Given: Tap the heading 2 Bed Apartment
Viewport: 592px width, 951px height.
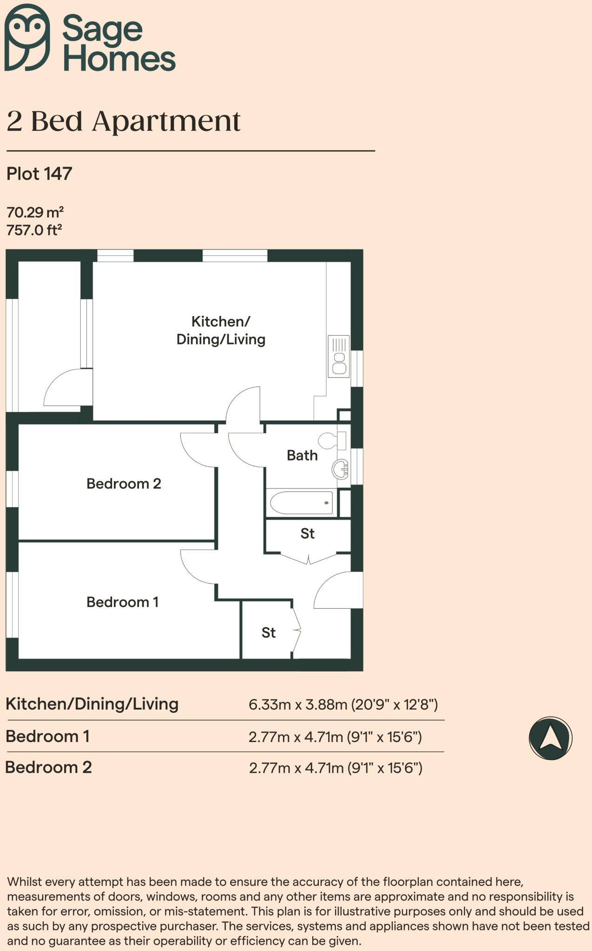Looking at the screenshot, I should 124,122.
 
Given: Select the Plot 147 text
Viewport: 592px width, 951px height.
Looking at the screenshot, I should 39,174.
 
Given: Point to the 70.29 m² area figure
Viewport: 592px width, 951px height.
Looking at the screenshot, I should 35,212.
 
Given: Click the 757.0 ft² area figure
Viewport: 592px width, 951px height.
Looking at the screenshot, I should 34,230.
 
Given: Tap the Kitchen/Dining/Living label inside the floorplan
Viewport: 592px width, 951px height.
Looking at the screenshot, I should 221,330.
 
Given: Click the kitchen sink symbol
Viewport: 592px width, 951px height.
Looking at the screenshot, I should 339,356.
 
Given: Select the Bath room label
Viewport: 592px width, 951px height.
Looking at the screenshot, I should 302,456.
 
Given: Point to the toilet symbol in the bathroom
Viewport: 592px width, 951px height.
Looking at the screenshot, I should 332,440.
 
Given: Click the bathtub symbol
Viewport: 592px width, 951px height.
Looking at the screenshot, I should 302,503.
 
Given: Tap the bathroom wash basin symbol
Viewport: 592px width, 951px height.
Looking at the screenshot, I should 340,469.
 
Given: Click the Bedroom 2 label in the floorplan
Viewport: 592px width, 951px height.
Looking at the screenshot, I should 124,484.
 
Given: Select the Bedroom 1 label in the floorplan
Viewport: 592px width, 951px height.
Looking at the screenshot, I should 123,602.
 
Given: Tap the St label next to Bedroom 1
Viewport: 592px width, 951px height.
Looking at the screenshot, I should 269,632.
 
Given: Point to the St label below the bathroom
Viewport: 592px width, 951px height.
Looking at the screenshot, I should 308,534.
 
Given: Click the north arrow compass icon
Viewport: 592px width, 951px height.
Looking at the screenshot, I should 551,738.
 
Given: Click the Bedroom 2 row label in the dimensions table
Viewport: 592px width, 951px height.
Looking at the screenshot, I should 48,767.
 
